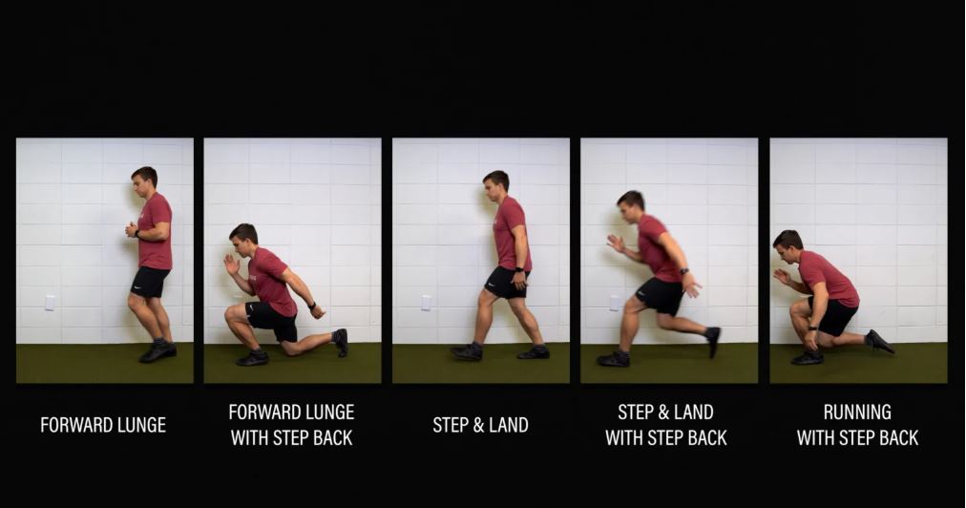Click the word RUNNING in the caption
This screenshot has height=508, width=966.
click(x=857, y=412)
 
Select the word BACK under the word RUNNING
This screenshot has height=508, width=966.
click(x=896, y=438)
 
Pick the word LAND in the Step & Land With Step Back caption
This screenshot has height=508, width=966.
click(x=694, y=412)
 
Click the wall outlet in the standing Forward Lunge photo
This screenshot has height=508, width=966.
click(x=50, y=302)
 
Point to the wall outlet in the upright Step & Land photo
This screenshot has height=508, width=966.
click(x=426, y=302)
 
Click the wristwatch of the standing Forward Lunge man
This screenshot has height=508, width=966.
click(x=136, y=234)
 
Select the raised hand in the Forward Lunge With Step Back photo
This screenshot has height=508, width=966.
click(x=231, y=264)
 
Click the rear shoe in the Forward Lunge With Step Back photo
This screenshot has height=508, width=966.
click(x=340, y=342)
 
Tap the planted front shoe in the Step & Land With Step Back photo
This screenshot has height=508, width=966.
click(x=613, y=359)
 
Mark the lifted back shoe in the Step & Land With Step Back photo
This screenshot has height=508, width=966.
click(x=713, y=342)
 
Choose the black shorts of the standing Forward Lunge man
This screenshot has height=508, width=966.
click(x=149, y=282)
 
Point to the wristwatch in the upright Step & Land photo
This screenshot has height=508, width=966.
click(x=520, y=270)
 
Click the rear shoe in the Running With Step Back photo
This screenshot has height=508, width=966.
click(x=880, y=342)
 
